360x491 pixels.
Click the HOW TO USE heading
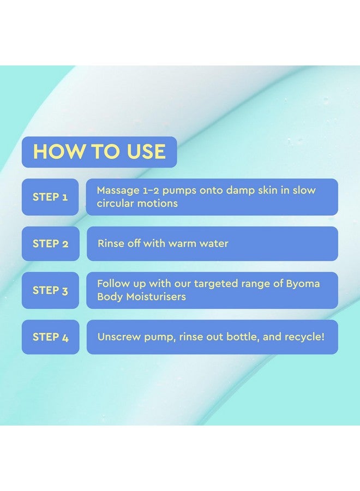99,152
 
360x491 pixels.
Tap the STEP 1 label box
50,197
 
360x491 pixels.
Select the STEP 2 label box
50,244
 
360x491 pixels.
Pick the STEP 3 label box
50,290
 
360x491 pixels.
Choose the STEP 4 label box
50,337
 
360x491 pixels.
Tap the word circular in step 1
115,203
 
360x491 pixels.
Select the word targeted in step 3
204,284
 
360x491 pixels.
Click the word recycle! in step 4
304,337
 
